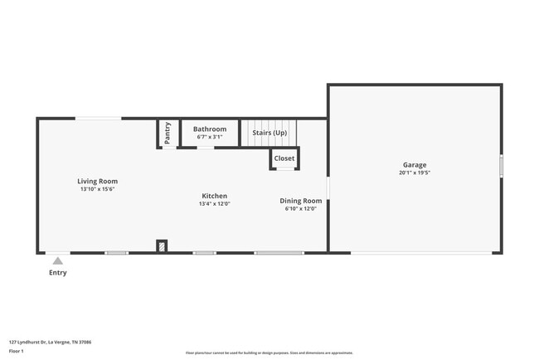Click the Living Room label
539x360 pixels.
tap(97, 181)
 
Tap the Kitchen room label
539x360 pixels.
tap(214, 196)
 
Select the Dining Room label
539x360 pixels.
tap(300, 201)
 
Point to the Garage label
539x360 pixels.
tap(415, 165)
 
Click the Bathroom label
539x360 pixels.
tap(210, 129)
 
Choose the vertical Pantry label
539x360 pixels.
tap(168, 133)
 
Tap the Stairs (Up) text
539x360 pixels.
tap(269, 132)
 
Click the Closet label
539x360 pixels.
tap(284, 158)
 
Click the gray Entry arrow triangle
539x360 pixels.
tap(58, 260)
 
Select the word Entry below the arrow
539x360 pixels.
tap(58, 272)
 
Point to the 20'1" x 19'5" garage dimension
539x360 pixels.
tap(415, 173)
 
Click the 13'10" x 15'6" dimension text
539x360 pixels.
tap(97, 189)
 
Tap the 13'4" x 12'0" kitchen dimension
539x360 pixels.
tap(214, 203)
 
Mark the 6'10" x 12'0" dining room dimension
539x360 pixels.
tap(300, 208)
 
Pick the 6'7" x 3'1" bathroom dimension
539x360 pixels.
tap(210, 137)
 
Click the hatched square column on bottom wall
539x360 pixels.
tap(162, 246)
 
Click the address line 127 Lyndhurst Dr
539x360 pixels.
tap(50, 341)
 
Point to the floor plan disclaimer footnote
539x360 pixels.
tap(269, 353)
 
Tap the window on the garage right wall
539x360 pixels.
tap(501, 166)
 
